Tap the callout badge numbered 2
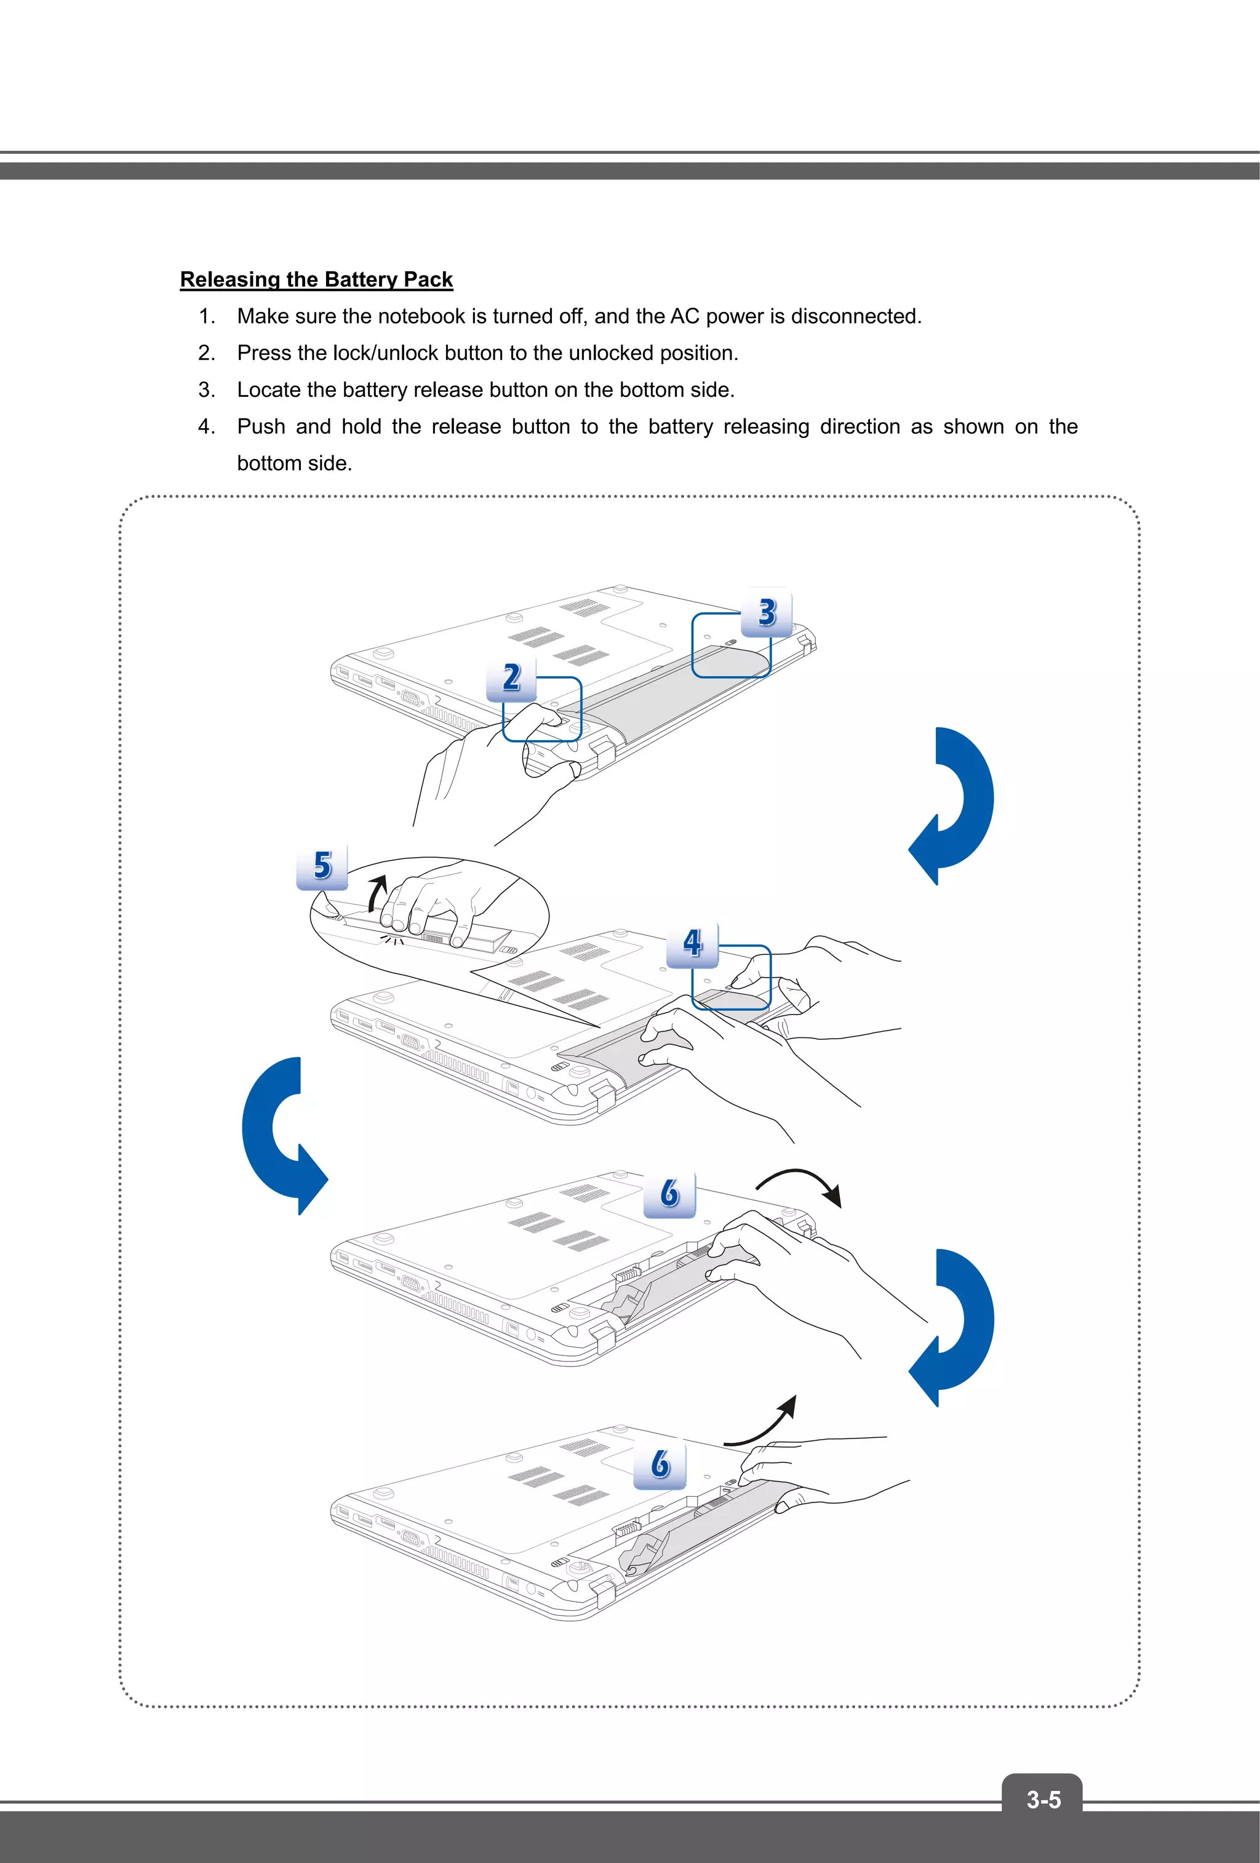(512, 678)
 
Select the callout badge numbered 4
(693, 944)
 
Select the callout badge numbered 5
(322, 866)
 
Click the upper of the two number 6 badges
(669, 1194)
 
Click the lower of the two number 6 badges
(660, 1464)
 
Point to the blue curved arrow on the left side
(276, 1135)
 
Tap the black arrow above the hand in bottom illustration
(765, 1423)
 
